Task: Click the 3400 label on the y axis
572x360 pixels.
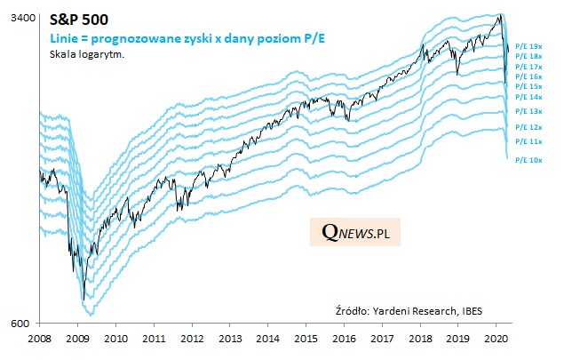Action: pos(23,18)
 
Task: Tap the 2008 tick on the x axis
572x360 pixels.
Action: pos(40,339)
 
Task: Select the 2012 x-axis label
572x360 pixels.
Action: pos(192,339)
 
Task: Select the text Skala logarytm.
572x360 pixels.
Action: pos(86,54)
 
